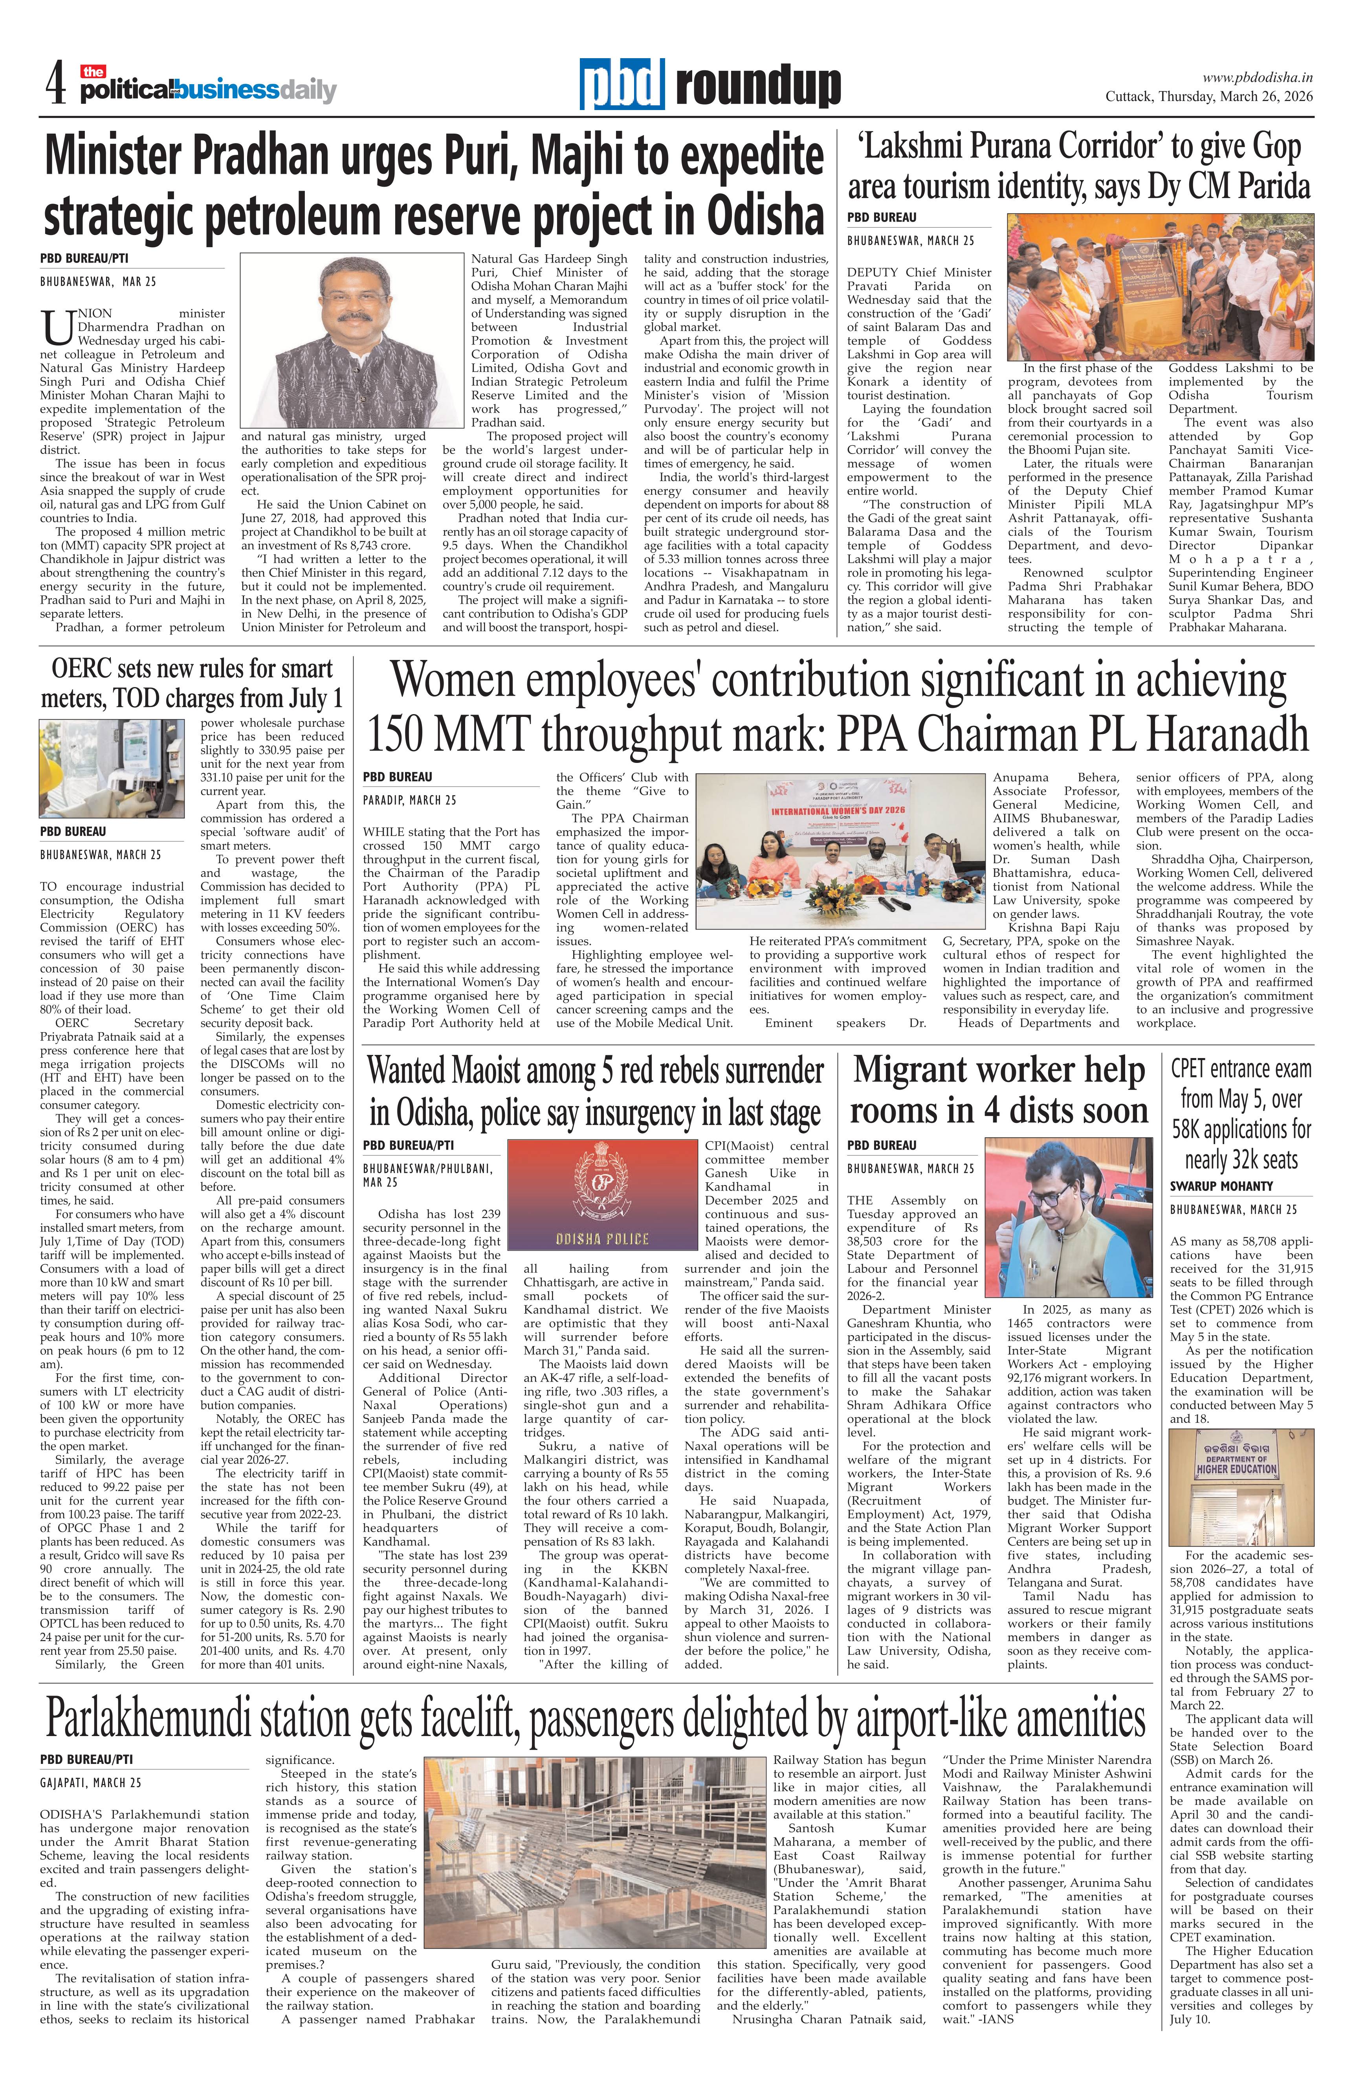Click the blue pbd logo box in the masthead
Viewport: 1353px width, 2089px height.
621,85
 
